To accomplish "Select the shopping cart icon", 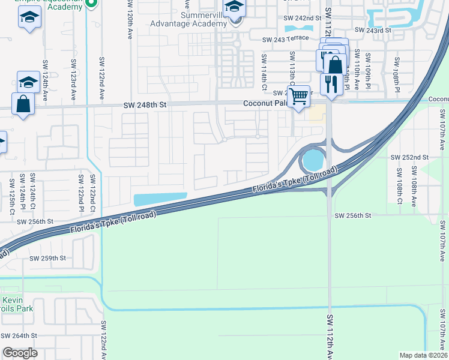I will click(x=299, y=95).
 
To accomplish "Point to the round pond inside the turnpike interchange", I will click(x=313, y=160).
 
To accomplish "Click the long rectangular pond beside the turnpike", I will click(x=160, y=198).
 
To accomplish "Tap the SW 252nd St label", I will click(x=410, y=157).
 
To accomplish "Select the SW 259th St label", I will click(x=48, y=258).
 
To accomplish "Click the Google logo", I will click(x=20, y=352).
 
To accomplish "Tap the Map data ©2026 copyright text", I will click(x=423, y=355).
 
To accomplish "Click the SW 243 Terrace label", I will click(x=285, y=39).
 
